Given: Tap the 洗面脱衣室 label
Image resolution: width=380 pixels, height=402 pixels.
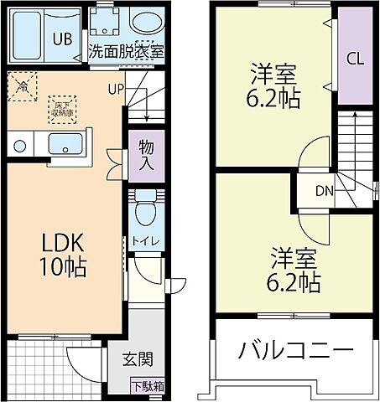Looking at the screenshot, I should tap(126, 50).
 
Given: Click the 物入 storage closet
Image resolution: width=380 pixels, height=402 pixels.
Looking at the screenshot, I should tap(145, 154).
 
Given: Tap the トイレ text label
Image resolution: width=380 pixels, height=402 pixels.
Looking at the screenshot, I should tap(145, 242).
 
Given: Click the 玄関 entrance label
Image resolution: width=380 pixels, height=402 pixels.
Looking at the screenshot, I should tap(138, 360).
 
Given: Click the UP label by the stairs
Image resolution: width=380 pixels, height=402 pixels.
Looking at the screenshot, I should tap(115, 86).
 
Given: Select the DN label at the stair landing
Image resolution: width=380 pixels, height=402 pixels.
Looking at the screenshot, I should tap(325, 189).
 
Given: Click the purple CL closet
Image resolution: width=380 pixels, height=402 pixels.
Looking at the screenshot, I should tap(354, 59).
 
